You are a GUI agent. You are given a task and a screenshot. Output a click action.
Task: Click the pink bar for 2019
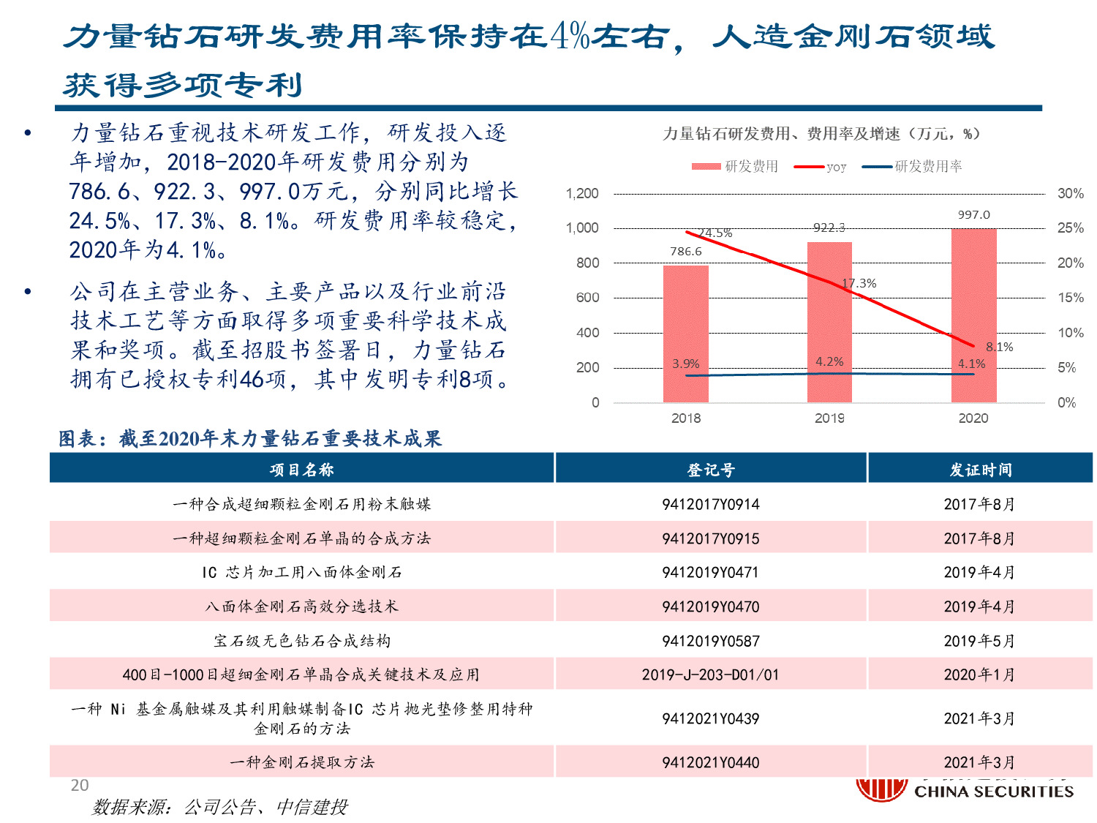(x=829, y=322)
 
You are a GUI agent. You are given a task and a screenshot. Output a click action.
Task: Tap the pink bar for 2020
(x=973, y=315)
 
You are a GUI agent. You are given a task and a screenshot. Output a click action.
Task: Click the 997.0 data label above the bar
(x=973, y=214)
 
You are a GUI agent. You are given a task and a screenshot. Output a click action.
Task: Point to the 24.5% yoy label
(x=715, y=233)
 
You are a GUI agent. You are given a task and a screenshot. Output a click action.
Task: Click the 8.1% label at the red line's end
(x=999, y=347)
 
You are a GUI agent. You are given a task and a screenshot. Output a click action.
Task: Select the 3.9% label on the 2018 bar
(x=685, y=364)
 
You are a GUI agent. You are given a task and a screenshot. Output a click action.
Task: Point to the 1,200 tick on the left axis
(x=582, y=194)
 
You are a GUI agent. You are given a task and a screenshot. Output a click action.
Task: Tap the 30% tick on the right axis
(x=1070, y=194)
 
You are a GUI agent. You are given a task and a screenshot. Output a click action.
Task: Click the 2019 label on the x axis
(x=829, y=418)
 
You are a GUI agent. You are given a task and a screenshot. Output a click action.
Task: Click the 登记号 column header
(x=710, y=470)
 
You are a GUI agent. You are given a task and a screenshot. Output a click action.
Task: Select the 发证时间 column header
(x=980, y=470)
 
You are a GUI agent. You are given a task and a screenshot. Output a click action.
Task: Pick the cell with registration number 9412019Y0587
(x=710, y=641)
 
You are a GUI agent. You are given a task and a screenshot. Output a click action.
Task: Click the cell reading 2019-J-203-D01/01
(x=710, y=674)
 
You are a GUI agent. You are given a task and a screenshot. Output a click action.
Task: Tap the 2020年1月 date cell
(x=979, y=674)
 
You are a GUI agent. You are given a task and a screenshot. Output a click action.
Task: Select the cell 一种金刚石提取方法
(x=302, y=762)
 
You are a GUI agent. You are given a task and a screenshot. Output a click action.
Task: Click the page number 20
(x=80, y=786)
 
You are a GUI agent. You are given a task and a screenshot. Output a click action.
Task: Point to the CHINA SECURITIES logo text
(x=993, y=792)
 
